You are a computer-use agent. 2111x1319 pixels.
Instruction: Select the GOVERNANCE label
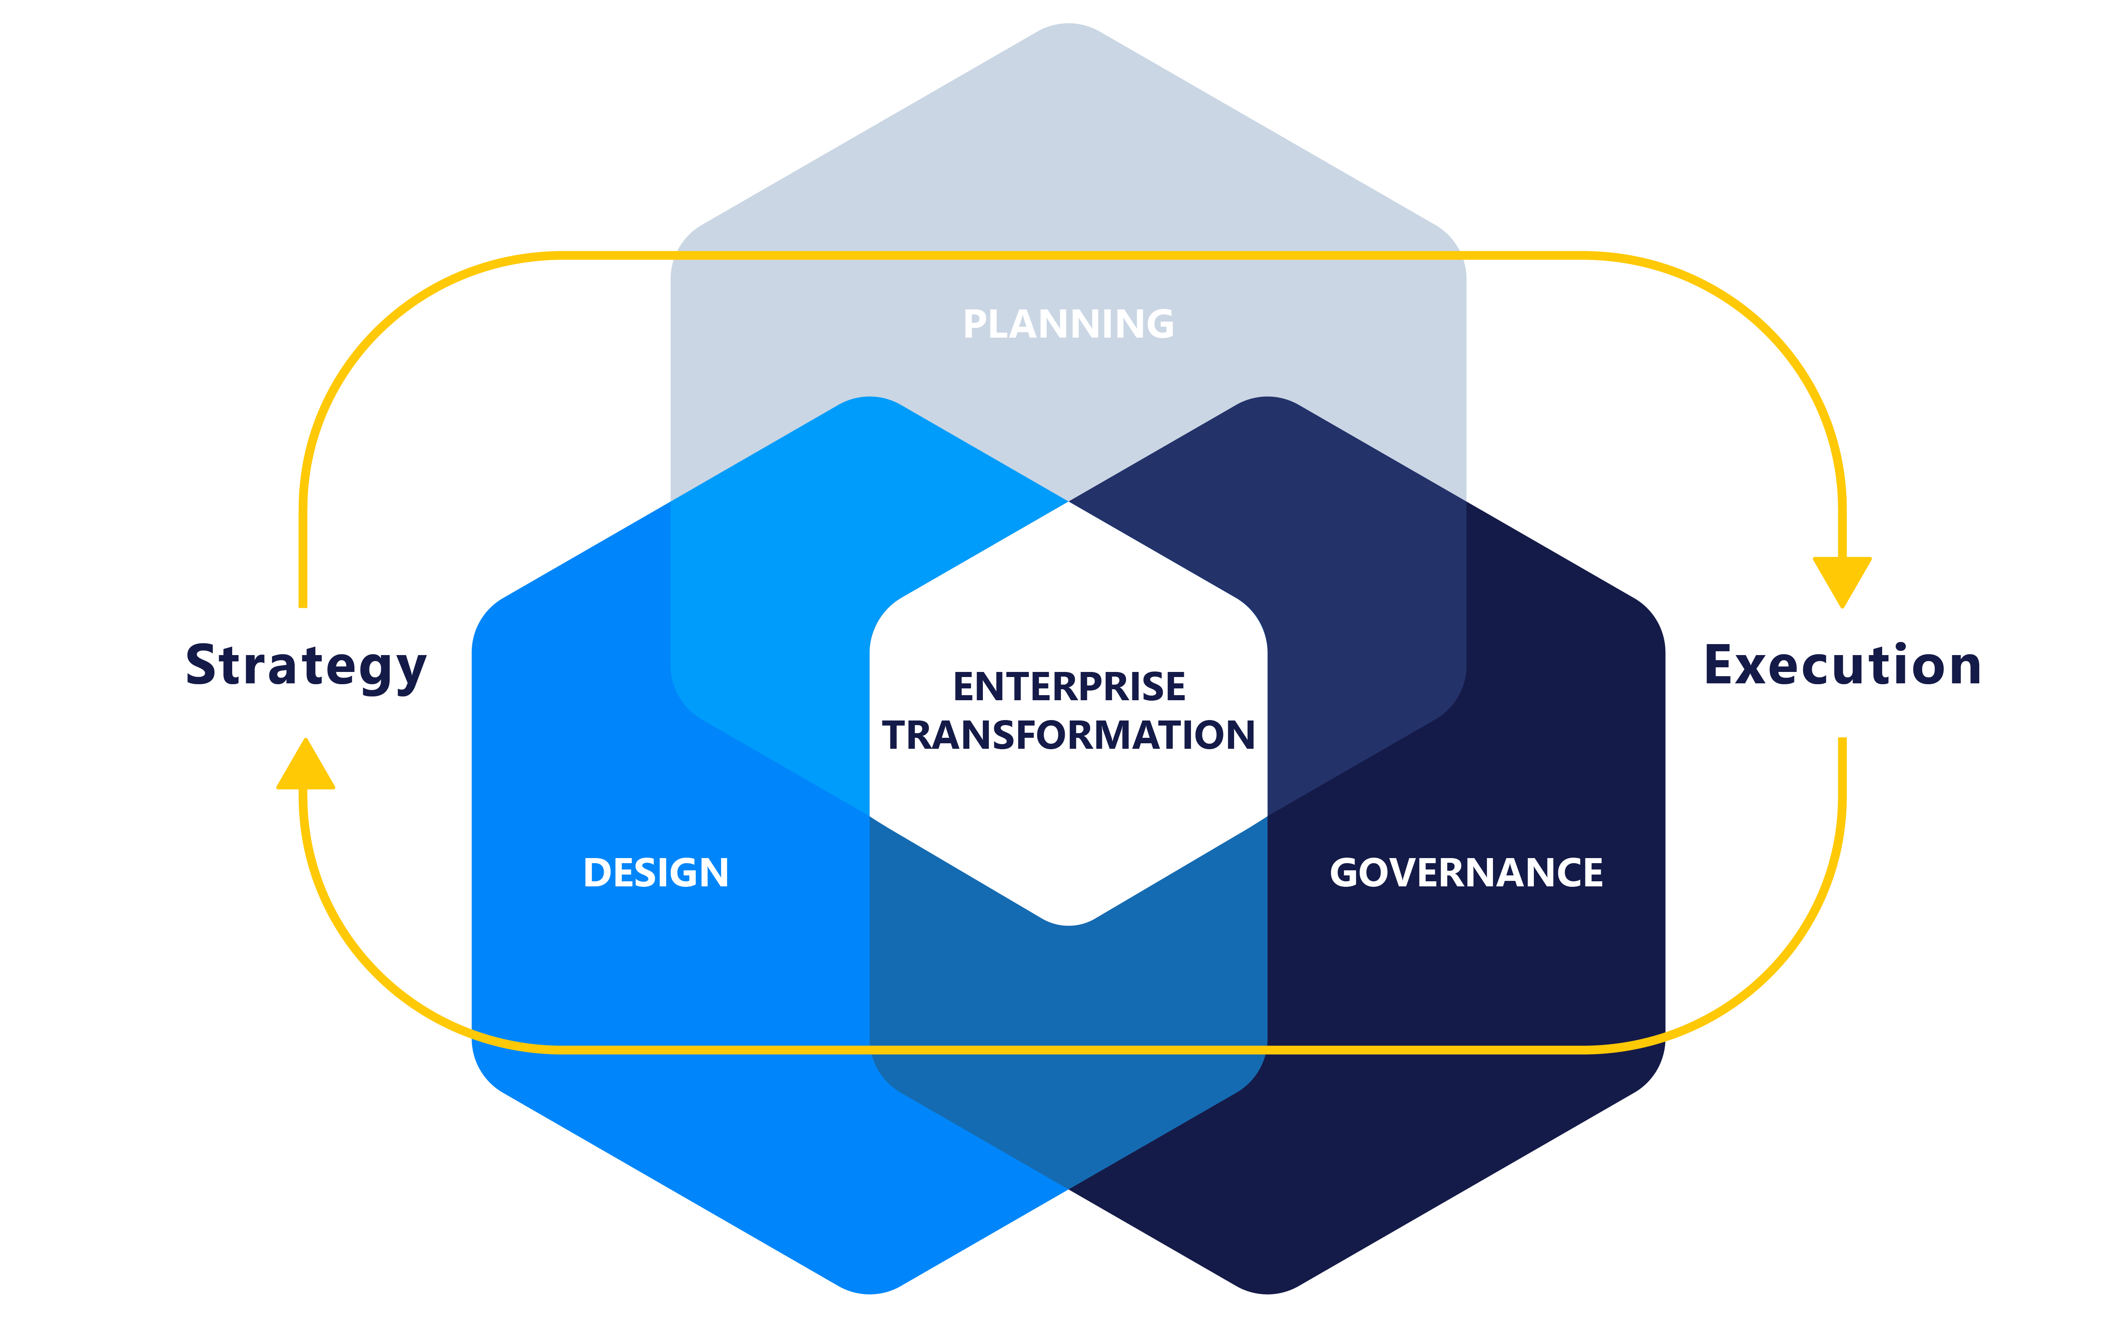coord(1465,872)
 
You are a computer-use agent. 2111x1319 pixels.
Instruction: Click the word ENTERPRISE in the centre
coord(1069,687)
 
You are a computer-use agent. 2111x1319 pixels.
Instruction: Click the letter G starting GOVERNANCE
coord(1346,872)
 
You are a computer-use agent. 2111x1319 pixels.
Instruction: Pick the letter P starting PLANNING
coord(974,325)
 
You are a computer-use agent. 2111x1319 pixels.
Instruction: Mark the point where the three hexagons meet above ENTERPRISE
coord(1069,501)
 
